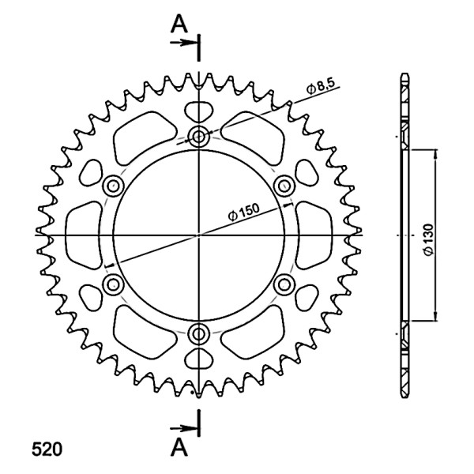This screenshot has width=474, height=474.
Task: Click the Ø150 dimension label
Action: (x=243, y=213)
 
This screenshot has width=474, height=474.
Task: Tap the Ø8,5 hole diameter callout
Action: (x=321, y=87)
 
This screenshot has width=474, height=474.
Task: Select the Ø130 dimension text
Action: (x=428, y=239)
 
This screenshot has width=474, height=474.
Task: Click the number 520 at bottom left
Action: (x=47, y=449)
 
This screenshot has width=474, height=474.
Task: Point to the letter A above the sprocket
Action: (x=179, y=24)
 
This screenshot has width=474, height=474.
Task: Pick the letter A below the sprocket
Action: (x=179, y=448)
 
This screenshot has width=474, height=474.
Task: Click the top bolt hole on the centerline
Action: (x=198, y=137)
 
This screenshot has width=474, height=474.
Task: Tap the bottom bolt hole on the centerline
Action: (x=198, y=333)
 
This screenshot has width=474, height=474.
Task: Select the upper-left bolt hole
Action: (x=113, y=186)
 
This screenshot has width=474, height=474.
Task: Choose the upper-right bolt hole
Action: (x=284, y=186)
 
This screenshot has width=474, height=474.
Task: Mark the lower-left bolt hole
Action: (x=113, y=284)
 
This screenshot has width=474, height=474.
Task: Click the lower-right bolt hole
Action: (x=284, y=284)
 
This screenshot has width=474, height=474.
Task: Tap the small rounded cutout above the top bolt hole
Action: (x=198, y=112)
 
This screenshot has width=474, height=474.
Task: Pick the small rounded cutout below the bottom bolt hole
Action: (x=198, y=358)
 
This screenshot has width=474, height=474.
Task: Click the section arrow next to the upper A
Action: (x=183, y=43)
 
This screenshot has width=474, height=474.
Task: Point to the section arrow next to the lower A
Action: (x=183, y=428)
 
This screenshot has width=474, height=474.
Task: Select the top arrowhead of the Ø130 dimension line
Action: (x=435, y=154)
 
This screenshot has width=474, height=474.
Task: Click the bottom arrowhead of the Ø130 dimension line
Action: (x=435, y=315)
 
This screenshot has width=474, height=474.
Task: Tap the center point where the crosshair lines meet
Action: (x=198, y=235)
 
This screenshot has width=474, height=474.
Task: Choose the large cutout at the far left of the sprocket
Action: (x=84, y=235)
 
